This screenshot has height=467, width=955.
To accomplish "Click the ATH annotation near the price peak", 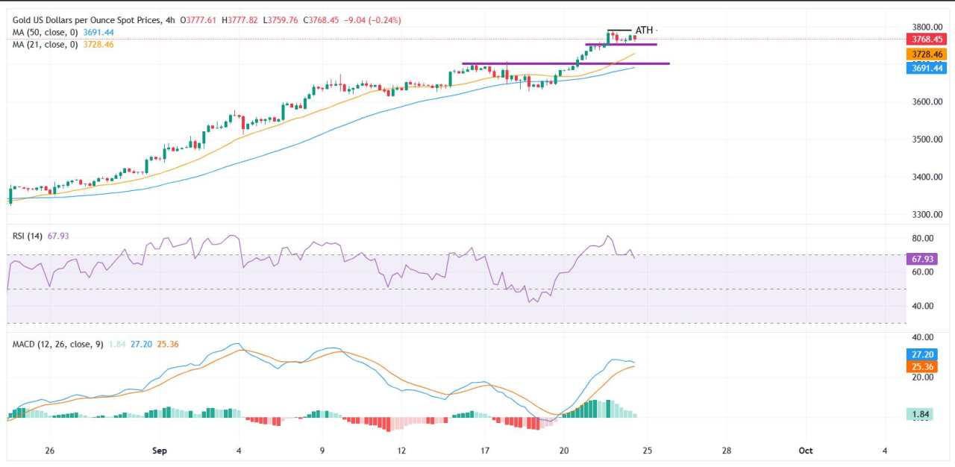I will click(x=644, y=31).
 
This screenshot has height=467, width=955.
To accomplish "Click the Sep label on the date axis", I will click(x=158, y=451).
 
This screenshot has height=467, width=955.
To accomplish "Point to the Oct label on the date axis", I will click(x=805, y=451).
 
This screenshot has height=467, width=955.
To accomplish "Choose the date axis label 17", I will click(x=485, y=451).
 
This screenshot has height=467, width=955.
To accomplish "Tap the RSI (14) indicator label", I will click(x=27, y=236).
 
